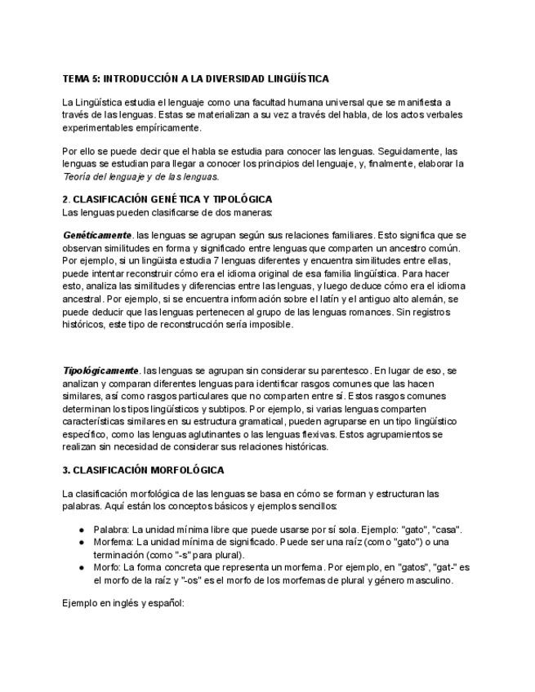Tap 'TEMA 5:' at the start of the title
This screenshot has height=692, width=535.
(81, 78)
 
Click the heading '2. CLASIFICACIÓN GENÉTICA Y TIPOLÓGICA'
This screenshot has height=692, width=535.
(167, 199)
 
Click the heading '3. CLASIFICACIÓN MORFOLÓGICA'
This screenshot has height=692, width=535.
(143, 471)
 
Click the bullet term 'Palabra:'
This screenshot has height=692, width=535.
(113, 530)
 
